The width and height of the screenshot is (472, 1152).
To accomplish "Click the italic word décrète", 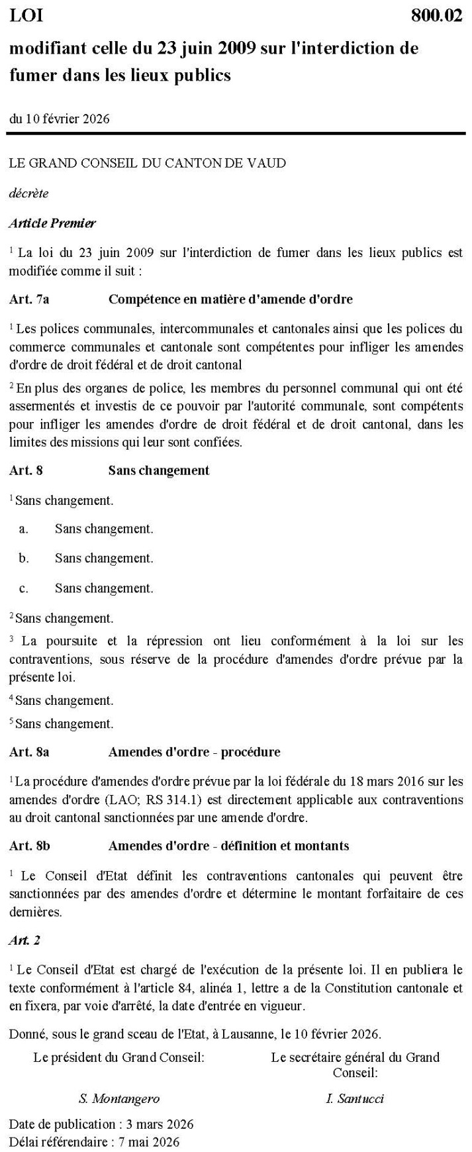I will pyautogui.click(x=28, y=193).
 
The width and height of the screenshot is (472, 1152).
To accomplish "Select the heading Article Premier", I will pyautogui.click(x=52, y=223).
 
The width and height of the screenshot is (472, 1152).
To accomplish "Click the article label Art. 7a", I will pyautogui.click(x=29, y=299).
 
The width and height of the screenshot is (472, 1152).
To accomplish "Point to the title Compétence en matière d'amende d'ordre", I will pyautogui.click(x=230, y=299).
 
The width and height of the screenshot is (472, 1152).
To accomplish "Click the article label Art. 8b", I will pyautogui.click(x=30, y=846).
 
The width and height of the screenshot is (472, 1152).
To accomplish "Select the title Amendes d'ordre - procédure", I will pyautogui.click(x=194, y=752).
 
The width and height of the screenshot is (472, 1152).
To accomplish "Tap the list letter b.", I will pyautogui.click(x=24, y=558).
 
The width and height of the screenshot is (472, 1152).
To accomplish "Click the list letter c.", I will pyautogui.click(x=24, y=588).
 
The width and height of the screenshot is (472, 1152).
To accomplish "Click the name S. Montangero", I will pyautogui.click(x=119, y=1099).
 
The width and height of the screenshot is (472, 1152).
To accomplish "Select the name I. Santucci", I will pyautogui.click(x=355, y=1099).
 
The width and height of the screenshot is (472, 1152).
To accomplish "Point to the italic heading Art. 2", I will pyautogui.click(x=24, y=940).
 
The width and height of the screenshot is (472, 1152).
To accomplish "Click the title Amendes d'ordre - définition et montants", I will pyautogui.click(x=228, y=846).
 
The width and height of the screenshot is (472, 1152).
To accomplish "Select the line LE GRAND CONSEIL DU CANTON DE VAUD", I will pyautogui.click(x=148, y=163).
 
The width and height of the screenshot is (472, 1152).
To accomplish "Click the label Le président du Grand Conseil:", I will pyautogui.click(x=119, y=1057).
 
